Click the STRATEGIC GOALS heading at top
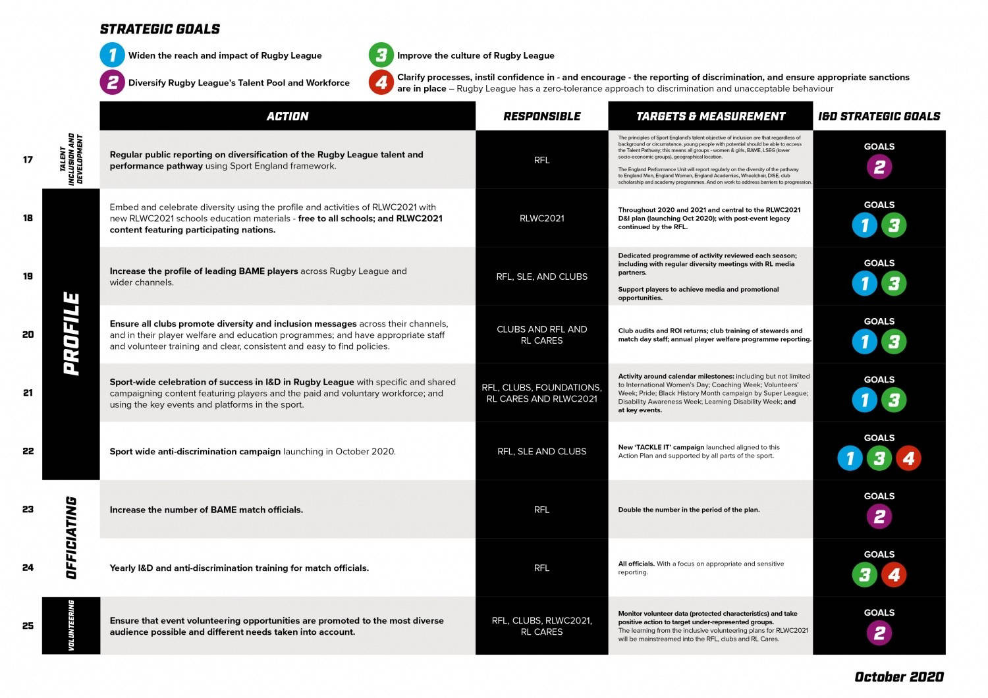pyautogui.click(x=160, y=29)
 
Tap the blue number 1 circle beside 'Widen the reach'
pyautogui.click(x=112, y=55)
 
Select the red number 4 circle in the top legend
pyautogui.click(x=381, y=83)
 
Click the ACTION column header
pyautogui.click(x=287, y=116)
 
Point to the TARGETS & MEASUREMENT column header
pyautogui.click(x=710, y=116)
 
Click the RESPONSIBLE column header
pyautogui.click(x=541, y=116)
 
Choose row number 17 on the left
pyautogui.click(x=28, y=159)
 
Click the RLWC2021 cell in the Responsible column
pyautogui.click(x=541, y=218)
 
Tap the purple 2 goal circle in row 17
pyautogui.click(x=879, y=167)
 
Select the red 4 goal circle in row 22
pyautogui.click(x=908, y=458)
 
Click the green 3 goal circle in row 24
pyautogui.click(x=864, y=575)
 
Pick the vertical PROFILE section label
pyautogui.click(x=71, y=334)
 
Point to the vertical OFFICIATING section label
pyautogui.click(x=71, y=538)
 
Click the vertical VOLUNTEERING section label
pyautogui.click(x=71, y=626)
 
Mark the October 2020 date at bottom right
pyautogui.click(x=898, y=677)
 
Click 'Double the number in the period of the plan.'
pyautogui.click(x=688, y=510)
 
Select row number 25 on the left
pyautogui.click(x=28, y=626)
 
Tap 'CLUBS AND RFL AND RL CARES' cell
pyautogui.click(x=541, y=335)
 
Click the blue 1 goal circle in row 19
pyautogui.click(x=864, y=283)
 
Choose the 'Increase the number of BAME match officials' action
pyautogui.click(x=206, y=510)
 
